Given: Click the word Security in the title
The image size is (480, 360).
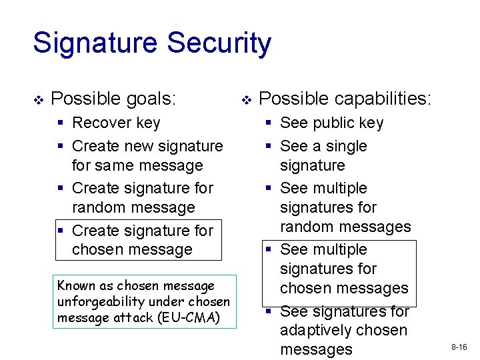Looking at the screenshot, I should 219,43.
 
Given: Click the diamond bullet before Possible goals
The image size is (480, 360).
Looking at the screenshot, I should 38,100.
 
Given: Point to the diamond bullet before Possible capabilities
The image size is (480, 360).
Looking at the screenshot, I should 246,100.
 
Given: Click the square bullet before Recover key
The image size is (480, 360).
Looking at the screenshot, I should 61,123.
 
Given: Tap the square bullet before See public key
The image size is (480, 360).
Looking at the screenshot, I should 269,123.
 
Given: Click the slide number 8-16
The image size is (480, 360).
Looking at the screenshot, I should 459,347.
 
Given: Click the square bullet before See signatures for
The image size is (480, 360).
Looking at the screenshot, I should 269,311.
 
